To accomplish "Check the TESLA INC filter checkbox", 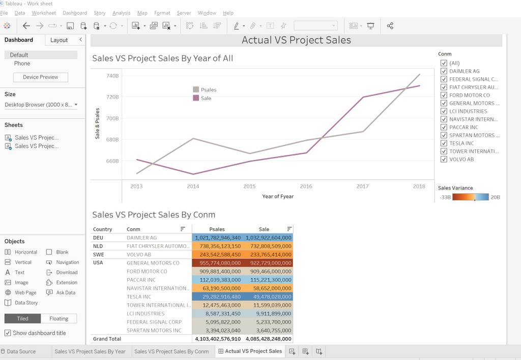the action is click(x=444, y=143).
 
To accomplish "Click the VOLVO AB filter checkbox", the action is click(x=444, y=159).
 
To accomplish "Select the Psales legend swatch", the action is click(x=196, y=89).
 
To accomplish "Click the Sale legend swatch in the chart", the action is click(x=196, y=98).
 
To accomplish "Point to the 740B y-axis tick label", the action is click(x=112, y=76).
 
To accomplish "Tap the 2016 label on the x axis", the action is click(x=306, y=186).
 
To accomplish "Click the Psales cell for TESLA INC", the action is click(x=218, y=296).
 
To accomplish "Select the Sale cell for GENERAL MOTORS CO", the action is click(x=268, y=263).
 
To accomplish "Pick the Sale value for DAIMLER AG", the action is click(x=268, y=238).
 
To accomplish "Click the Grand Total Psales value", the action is click(x=218, y=339).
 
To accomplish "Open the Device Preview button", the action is click(x=41, y=77).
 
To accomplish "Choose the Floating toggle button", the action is click(x=59, y=318).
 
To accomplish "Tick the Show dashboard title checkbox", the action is click(x=8, y=333).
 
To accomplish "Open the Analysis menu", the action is click(x=121, y=13).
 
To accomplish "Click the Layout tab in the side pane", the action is click(x=59, y=40).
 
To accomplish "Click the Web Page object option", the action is click(x=21, y=292).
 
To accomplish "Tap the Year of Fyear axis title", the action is click(x=278, y=196).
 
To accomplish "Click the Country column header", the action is click(x=102, y=229).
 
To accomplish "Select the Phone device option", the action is click(x=22, y=64).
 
